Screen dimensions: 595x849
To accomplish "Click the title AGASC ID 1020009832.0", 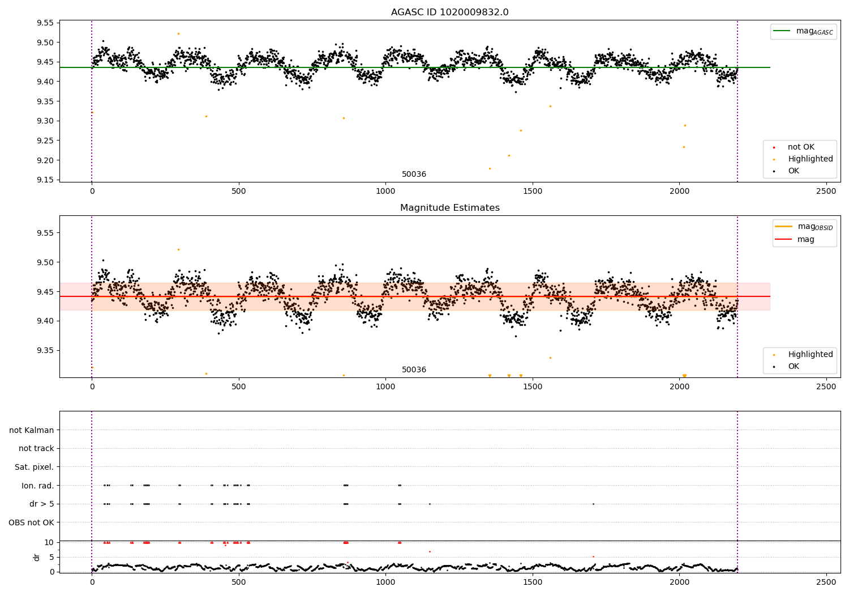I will point(449,12).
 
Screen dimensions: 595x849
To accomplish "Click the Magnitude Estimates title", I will point(449,208).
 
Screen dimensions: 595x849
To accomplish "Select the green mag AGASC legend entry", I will point(803,31).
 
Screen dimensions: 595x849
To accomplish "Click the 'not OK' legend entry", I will point(800,147).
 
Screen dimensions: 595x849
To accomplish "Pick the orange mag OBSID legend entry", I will point(803,227).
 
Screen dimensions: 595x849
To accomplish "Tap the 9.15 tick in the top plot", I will point(45,180).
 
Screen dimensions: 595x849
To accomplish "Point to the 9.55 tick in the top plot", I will point(45,23).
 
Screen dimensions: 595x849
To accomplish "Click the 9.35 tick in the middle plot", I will point(45,351).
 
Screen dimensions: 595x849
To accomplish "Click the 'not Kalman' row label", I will point(32,431).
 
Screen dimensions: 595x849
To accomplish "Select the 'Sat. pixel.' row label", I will point(34,467).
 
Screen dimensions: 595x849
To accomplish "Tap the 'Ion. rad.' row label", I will point(37,486).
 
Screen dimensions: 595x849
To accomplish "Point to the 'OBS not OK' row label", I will point(31,522).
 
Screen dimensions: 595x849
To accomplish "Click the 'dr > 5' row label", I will point(41,504).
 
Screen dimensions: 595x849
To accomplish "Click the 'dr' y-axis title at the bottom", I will point(37,557).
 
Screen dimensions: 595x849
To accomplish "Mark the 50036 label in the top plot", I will point(414,175).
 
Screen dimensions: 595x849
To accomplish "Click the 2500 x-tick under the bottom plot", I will point(826,582).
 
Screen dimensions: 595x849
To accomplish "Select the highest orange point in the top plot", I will point(178,34).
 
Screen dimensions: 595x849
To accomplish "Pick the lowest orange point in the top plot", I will point(490,168).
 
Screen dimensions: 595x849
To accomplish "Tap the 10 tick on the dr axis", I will point(49,542).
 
